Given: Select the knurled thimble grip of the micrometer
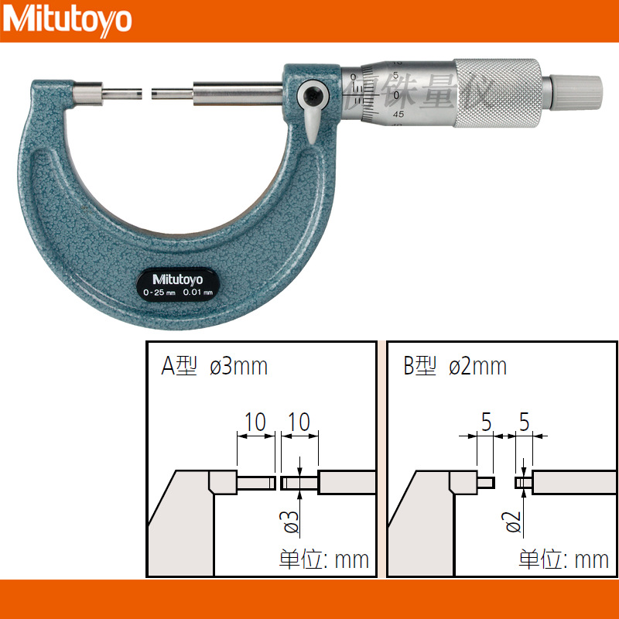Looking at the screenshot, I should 496,91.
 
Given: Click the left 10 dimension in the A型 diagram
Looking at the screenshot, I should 255,422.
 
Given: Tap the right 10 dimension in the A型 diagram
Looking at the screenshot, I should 299,422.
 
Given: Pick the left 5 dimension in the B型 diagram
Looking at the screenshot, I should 487,422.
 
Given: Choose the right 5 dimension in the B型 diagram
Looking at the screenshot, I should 524,422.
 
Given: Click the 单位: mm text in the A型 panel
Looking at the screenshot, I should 323,559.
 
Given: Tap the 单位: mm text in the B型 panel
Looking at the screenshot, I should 563,559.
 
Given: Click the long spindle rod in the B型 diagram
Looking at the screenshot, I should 573,483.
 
